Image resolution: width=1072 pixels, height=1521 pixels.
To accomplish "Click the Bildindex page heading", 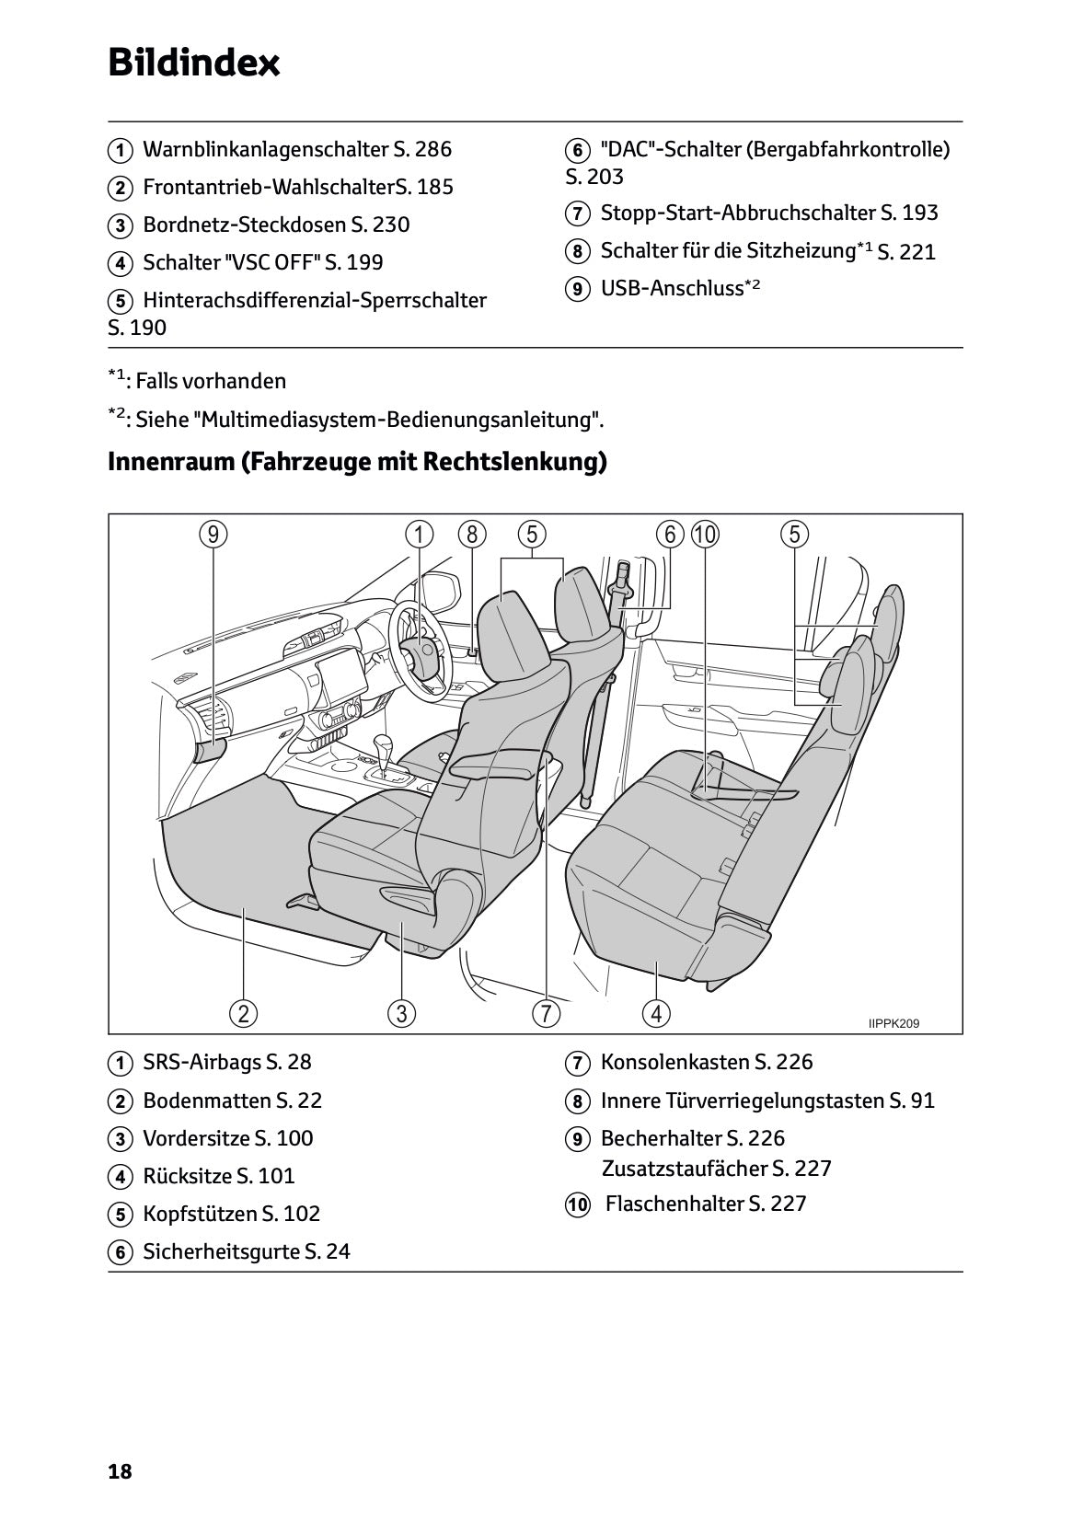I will click(x=194, y=63).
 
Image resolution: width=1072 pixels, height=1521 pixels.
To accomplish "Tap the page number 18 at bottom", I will click(x=120, y=1471).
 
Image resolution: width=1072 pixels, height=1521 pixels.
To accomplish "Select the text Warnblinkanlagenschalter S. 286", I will click(x=296, y=149).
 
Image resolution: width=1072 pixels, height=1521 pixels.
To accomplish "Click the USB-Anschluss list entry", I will click(x=679, y=289).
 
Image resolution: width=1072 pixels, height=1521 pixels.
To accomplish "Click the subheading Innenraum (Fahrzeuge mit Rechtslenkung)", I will click(x=357, y=461).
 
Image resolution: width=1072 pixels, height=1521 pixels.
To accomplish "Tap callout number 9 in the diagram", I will click(x=213, y=535).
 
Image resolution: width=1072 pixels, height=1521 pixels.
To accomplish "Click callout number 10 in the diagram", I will click(x=705, y=535).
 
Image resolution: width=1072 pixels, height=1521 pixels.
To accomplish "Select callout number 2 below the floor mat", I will click(x=243, y=1014).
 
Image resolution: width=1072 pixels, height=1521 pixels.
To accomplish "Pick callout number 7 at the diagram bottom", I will click(x=546, y=1014).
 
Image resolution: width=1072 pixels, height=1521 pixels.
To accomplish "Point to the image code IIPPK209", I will click(x=893, y=1023).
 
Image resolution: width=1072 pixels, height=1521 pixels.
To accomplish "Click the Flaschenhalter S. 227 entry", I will click(x=705, y=1204).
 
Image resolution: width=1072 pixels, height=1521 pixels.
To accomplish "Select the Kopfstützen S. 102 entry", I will click(x=231, y=1214).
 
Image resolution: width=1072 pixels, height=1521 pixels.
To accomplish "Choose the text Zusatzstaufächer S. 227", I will click(x=716, y=1169).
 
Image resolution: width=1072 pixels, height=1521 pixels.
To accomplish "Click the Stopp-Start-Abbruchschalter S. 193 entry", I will click(x=768, y=213).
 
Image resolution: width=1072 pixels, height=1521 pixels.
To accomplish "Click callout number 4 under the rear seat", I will click(x=656, y=1014).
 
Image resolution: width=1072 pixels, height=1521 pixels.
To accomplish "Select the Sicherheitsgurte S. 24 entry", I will click(x=246, y=1251).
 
